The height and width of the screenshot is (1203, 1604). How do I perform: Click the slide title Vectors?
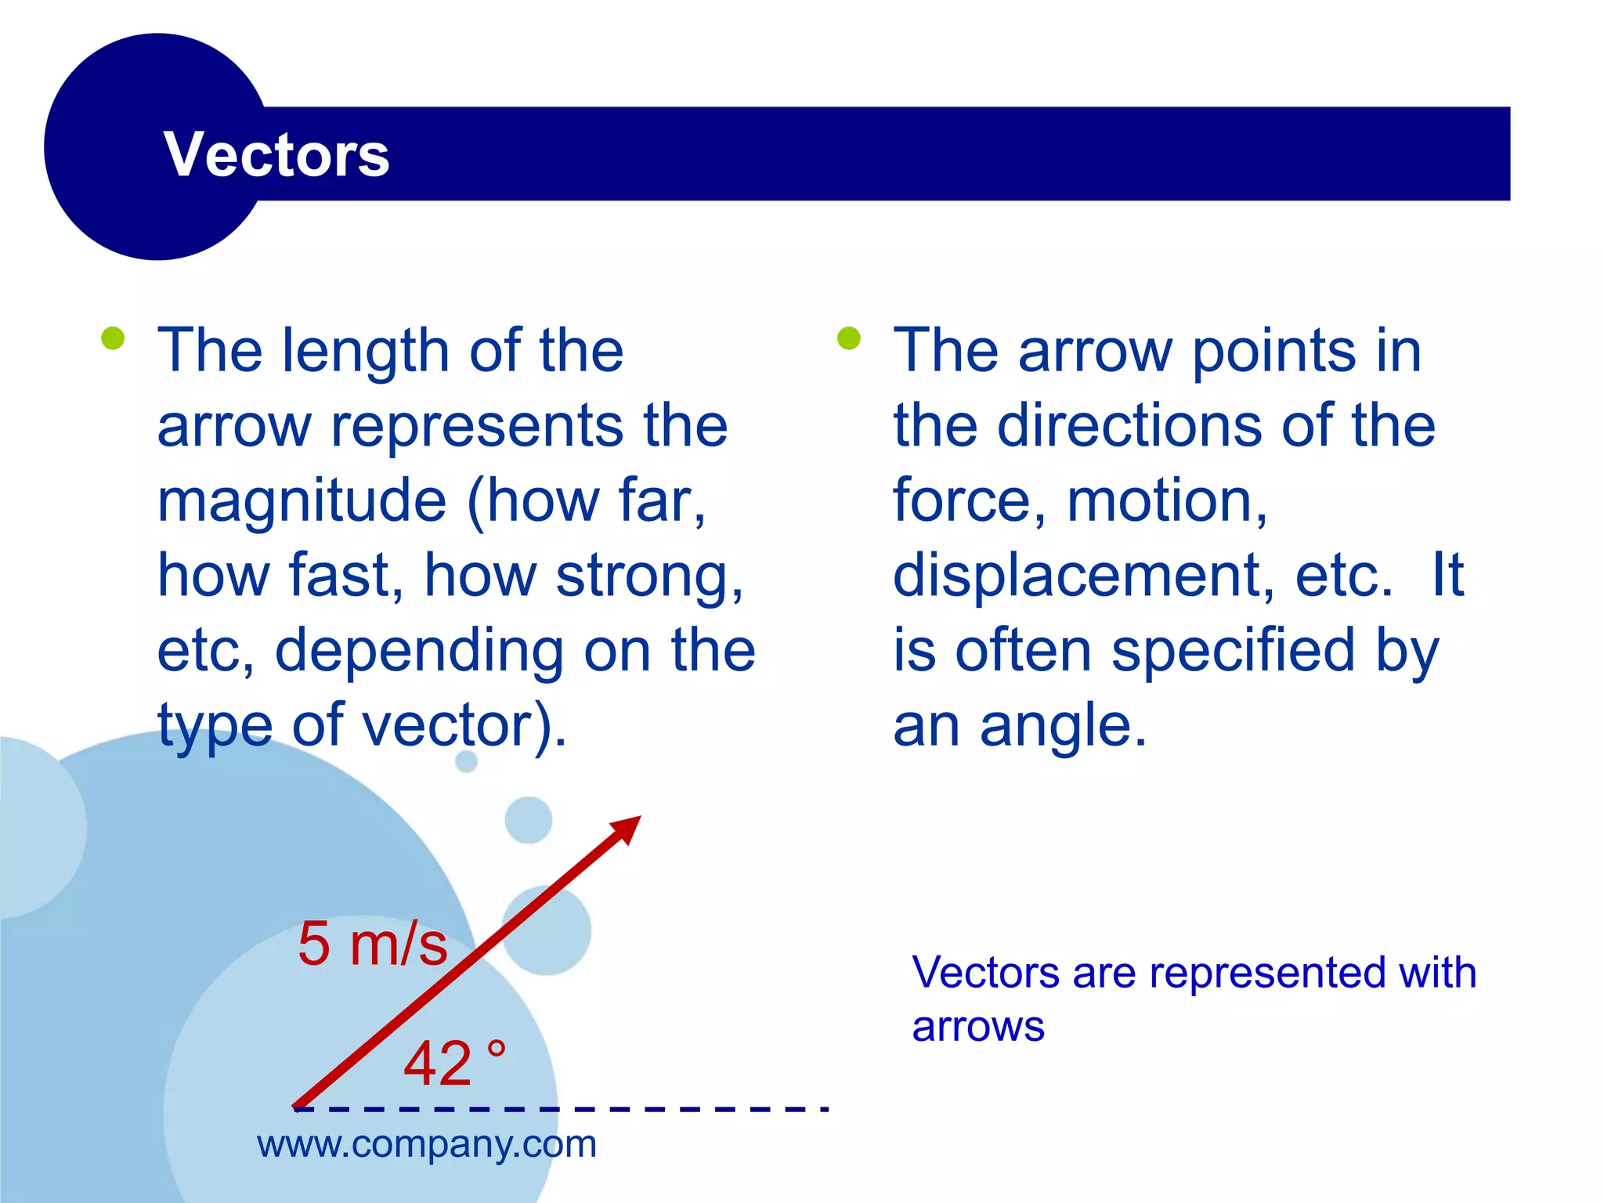click(x=276, y=154)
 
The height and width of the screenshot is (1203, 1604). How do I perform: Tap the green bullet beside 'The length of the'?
click(x=113, y=338)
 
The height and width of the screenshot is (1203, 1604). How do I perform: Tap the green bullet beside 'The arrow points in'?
click(x=848, y=338)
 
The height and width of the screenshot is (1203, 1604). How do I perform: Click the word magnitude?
click(x=302, y=502)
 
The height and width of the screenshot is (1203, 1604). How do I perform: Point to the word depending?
click(x=419, y=652)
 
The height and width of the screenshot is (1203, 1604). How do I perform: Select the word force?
click(x=963, y=502)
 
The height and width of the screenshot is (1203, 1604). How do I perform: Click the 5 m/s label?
click(x=372, y=944)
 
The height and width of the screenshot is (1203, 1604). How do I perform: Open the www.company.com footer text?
click(x=427, y=1145)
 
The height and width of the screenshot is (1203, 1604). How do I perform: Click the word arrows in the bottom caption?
click(x=978, y=1028)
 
